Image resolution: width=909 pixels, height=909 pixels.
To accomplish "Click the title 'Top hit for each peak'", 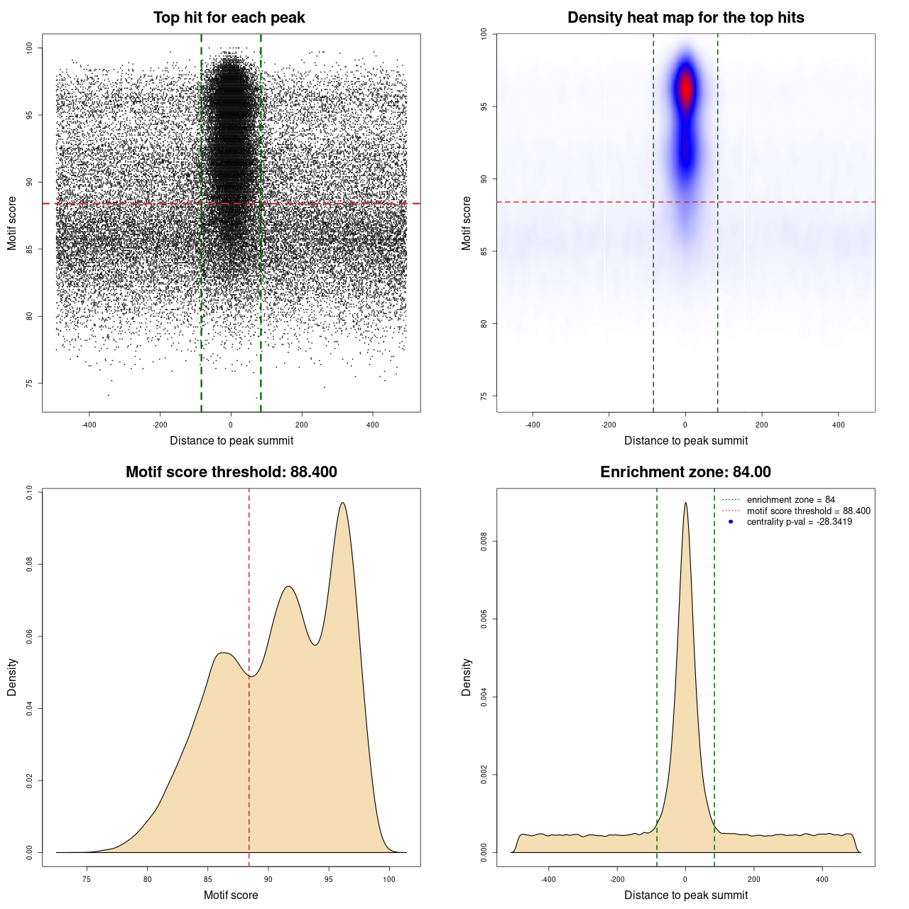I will [229, 18].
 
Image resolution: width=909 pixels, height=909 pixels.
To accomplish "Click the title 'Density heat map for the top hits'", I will [685, 18].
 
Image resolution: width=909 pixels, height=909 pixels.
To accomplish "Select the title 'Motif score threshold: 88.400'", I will [231, 472].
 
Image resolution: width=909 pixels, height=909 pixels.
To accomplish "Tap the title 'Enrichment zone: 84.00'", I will [685, 472].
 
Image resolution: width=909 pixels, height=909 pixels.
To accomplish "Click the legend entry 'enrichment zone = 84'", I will [790, 500].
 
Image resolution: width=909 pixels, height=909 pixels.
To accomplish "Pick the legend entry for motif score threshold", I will [808, 511].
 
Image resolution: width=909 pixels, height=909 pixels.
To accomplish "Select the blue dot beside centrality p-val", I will [731, 522].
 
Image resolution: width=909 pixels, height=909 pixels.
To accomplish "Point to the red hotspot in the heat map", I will [685, 89].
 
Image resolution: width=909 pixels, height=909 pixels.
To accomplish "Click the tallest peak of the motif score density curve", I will [343, 503].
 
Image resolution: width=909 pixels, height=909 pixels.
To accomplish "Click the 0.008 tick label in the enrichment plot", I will [484, 542].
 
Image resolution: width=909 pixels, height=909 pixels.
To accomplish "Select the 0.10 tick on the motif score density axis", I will [29, 493].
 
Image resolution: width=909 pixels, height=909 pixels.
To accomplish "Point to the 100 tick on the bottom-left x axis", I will [388, 879].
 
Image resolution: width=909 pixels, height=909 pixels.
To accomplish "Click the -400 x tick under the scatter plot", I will [89, 425].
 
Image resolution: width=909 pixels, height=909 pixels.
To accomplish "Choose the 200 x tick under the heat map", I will [761, 425].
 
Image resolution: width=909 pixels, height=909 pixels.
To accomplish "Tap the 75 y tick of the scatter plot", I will [29, 383].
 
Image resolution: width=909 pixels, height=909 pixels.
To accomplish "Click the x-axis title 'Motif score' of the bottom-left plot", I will [231, 895].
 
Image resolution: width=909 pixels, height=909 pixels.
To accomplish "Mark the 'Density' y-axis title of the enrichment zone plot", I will [467, 677].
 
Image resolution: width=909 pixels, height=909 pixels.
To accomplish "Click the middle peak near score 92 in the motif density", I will [288, 587].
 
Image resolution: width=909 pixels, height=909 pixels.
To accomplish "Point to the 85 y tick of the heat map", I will [484, 251].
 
